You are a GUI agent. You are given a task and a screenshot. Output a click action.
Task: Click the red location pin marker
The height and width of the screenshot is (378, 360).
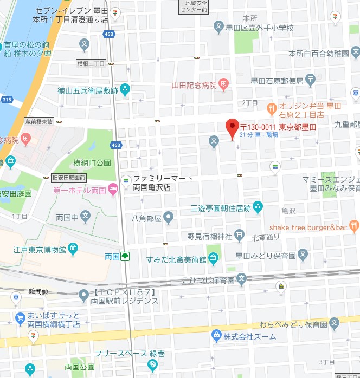pos(232,128)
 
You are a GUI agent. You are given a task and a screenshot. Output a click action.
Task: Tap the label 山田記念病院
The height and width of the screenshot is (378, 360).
pos(194,85)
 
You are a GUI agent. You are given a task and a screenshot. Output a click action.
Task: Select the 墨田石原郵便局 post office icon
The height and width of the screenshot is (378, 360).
pos(310,81)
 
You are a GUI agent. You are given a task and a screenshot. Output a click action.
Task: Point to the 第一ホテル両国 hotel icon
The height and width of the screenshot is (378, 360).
pos(113,190)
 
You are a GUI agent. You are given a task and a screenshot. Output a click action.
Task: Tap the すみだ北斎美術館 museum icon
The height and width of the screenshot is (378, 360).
pos(214,259)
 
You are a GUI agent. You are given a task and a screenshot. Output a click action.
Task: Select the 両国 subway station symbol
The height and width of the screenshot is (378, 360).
pos(125,256)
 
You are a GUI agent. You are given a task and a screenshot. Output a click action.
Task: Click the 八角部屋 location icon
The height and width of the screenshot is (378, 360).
pos(169,218)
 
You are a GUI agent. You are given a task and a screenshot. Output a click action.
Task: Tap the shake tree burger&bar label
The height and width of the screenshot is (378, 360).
pos(307,227)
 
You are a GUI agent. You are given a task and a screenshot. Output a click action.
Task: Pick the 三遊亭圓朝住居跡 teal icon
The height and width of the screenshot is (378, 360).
pos(258,206)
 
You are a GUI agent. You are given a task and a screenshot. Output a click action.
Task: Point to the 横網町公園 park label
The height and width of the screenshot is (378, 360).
pos(92,162)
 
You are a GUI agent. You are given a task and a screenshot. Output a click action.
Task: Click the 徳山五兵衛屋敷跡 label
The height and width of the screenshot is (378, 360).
pos(88,90)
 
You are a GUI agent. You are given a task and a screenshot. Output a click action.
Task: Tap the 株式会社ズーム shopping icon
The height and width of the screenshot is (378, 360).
pos(217,336)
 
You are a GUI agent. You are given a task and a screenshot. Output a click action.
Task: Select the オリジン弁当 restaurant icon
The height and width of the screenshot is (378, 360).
pos(272,107)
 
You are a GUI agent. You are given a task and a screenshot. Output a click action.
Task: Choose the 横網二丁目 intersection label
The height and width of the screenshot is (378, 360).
pos(91,64)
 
